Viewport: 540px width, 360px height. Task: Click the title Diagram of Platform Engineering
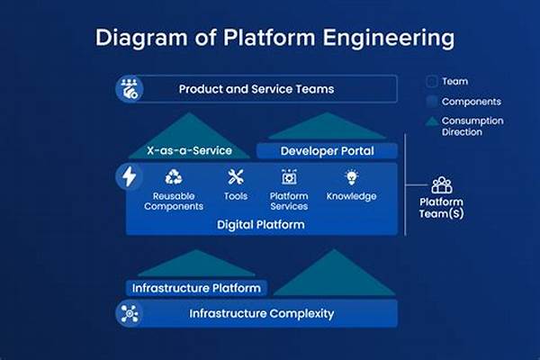coord(270,38)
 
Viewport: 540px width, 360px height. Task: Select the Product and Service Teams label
coord(256,89)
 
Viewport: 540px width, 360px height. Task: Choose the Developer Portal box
coord(327,151)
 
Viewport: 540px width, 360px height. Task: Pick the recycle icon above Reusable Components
coord(175,177)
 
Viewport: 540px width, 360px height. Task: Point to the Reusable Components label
coord(175,202)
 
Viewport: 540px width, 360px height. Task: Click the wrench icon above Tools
coord(236,177)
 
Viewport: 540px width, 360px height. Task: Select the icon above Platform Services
coord(290,177)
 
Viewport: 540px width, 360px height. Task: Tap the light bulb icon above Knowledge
coord(351,177)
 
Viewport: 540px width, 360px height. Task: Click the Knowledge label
coord(351,196)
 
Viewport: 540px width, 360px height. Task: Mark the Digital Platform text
coord(260,225)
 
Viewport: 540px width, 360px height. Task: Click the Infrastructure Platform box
coord(196,288)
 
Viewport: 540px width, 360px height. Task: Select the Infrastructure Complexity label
coord(261,314)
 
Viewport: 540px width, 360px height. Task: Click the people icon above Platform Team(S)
coord(442,185)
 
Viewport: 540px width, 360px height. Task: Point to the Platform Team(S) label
coord(442,207)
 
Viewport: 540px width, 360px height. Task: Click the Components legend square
coord(431,102)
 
